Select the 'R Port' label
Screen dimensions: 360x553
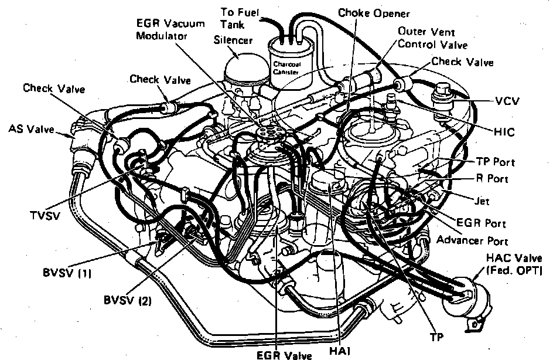pyautogui.click(x=493, y=179)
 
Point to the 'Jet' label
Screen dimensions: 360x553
pyautogui.click(x=482, y=201)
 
